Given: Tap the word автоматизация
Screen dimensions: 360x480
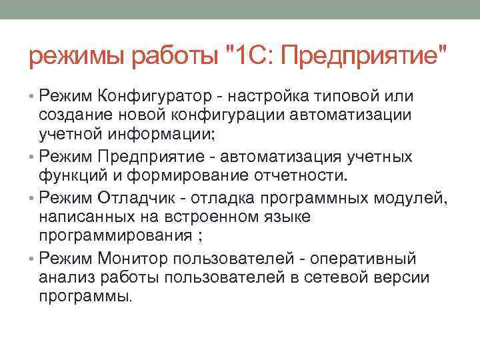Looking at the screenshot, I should [280, 159].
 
